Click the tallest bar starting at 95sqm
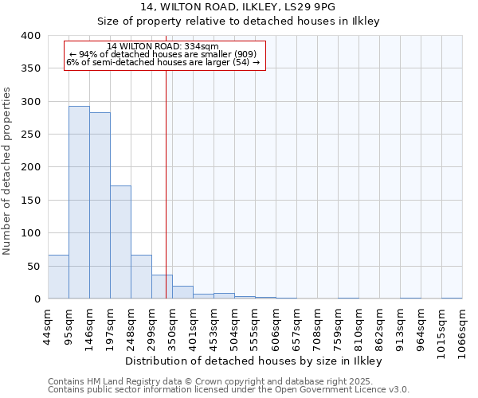(x=79, y=203)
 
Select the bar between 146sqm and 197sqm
(x=100, y=206)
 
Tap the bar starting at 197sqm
(x=120, y=243)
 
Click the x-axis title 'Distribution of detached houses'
(x=254, y=361)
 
